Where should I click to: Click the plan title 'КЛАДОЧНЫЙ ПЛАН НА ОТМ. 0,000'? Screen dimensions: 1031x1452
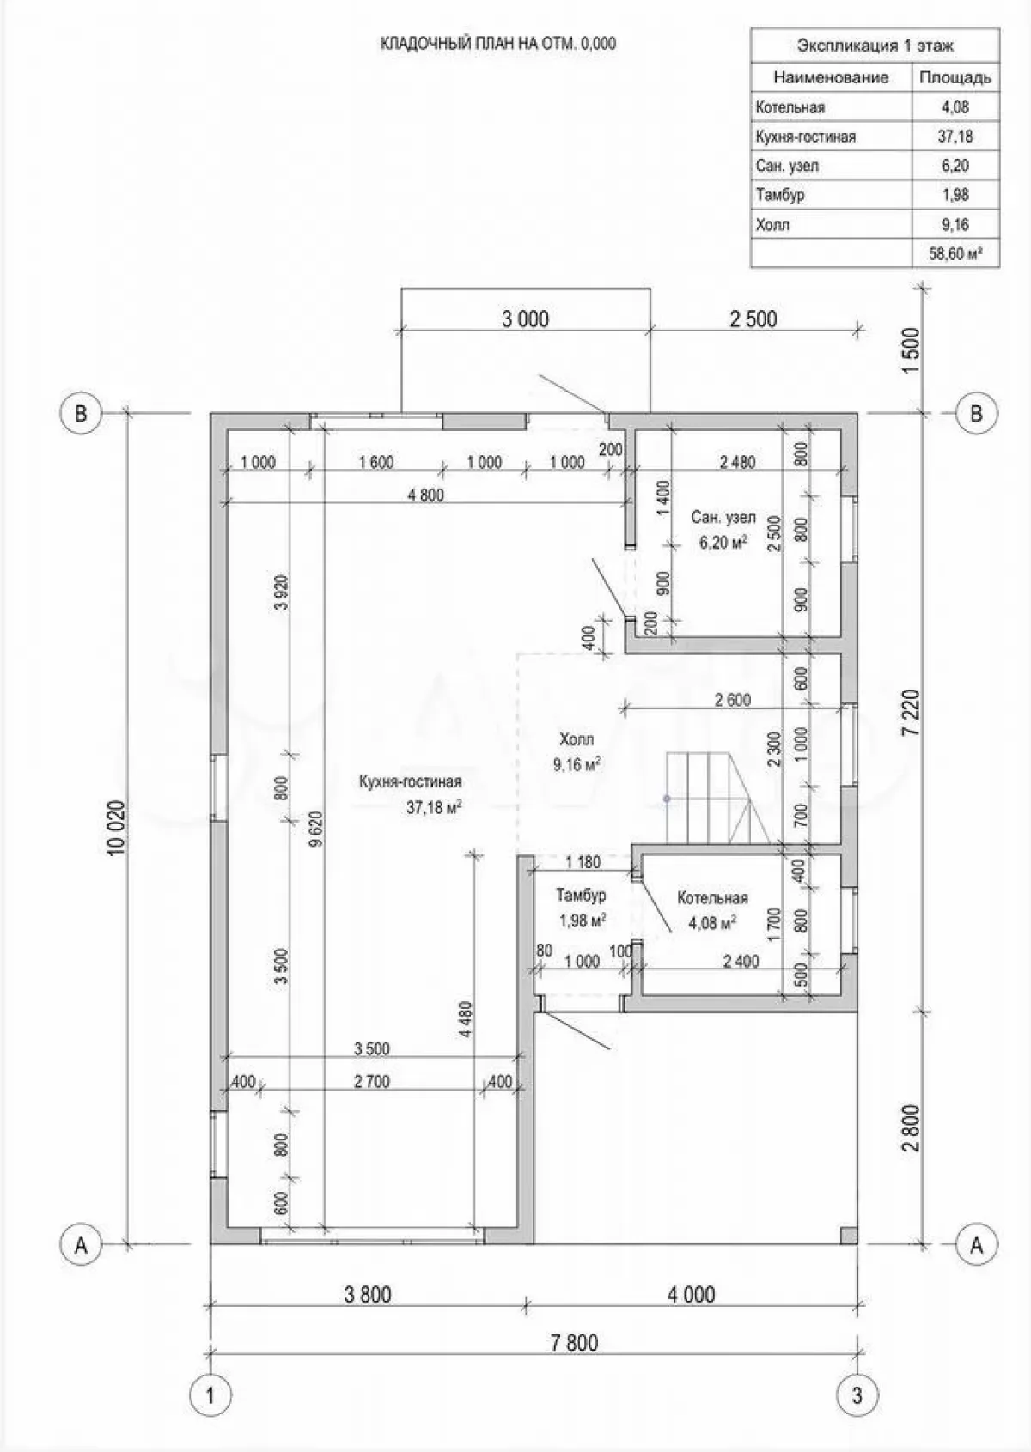pos(497,44)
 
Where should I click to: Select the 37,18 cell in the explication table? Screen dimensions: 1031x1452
pos(955,137)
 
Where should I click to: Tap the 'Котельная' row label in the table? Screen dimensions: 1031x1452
pos(790,107)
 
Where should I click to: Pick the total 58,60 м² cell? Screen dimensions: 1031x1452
pos(955,254)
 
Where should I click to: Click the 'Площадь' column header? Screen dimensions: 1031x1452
pos(955,78)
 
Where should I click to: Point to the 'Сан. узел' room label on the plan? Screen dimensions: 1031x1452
pos(723,518)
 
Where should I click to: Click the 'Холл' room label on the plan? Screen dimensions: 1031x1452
pos(577,739)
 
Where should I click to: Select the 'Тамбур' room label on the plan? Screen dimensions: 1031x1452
pos(581,896)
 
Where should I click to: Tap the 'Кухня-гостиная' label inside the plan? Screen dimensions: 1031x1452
pos(411,781)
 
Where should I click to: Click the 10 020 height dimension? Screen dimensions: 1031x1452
pos(118,829)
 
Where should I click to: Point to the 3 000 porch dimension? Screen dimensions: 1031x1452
pos(525,319)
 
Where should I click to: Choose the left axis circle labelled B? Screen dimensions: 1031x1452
pos(81,413)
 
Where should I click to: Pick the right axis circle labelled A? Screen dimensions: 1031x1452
pos(976,1243)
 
